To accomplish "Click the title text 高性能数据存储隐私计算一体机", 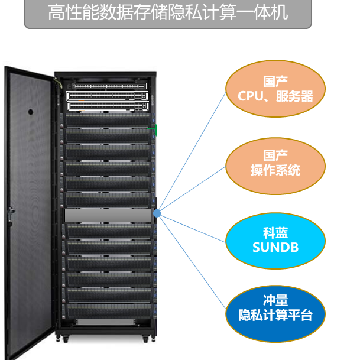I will [x=168, y=12].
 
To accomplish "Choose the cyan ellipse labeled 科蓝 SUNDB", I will [x=275, y=241].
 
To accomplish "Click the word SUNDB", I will [x=275, y=247].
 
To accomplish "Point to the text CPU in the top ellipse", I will [x=251, y=96].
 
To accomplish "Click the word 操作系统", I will [x=275, y=170].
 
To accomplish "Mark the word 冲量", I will [x=275, y=300].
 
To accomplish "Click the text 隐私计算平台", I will [x=275, y=314].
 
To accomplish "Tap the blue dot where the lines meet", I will [x=157, y=213].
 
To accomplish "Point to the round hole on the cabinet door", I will [x=31, y=112].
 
